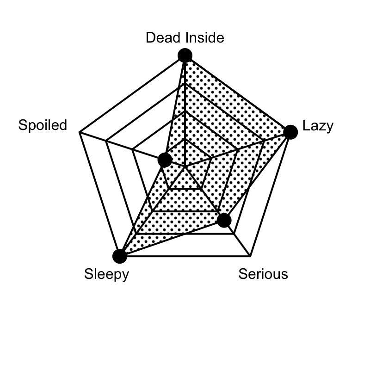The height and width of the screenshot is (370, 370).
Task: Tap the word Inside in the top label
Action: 205,37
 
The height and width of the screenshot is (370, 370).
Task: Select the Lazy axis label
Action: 318,126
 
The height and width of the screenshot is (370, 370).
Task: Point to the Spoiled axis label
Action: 43,125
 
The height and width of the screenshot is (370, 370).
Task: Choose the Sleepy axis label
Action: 107,275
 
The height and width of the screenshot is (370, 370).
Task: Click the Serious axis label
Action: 263,274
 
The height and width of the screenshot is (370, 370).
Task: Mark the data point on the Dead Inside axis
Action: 185,55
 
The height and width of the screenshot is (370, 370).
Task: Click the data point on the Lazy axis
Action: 290,132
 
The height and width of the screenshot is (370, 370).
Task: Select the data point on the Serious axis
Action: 224,221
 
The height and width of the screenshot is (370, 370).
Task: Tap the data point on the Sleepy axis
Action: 120,256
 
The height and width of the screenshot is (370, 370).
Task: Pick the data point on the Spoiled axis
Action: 165,160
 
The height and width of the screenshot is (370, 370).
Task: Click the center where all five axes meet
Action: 185,166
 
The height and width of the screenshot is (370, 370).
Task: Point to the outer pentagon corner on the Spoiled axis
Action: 80,132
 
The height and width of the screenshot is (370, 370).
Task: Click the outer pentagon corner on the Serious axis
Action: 250,256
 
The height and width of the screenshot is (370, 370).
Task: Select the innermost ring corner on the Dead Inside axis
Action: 185,139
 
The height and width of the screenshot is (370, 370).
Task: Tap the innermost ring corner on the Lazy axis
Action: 211,158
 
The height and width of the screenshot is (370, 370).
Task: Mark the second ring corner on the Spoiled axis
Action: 132,149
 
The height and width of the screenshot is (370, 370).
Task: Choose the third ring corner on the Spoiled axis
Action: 106,141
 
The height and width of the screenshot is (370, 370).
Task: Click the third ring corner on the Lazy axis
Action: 264,141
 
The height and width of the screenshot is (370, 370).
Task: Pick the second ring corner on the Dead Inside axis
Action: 185,111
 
